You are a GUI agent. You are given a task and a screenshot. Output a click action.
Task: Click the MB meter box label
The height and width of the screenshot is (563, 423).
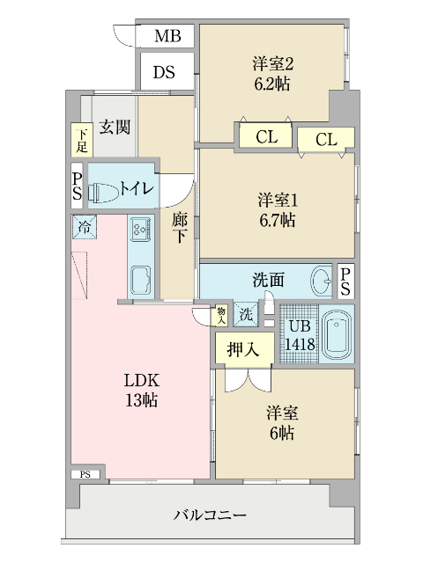(167, 36)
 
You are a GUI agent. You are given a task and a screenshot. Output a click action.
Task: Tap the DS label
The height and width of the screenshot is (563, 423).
(165, 72)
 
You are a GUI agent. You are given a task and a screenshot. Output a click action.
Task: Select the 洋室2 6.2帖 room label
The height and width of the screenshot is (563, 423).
(271, 73)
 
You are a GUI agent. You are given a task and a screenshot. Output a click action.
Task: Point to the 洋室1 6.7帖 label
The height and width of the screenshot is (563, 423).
(276, 208)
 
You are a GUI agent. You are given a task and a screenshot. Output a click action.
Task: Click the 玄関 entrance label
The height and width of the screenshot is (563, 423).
(115, 127)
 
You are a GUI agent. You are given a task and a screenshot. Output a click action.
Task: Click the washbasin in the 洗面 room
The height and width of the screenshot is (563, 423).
(322, 281)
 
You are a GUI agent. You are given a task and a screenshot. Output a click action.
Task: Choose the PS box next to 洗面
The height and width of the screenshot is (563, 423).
(345, 281)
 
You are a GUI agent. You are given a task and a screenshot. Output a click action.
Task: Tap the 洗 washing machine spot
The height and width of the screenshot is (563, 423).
(247, 314)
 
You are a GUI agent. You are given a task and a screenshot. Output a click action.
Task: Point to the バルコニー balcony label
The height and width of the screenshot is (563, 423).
(210, 515)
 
